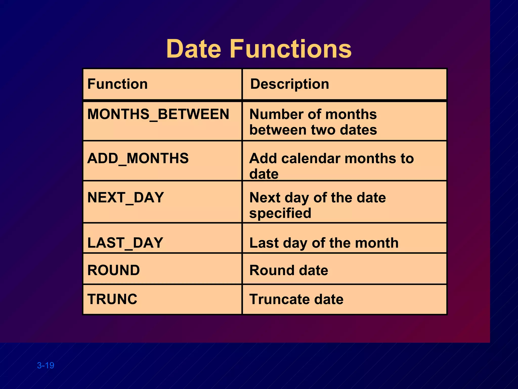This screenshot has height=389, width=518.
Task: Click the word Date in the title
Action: tap(193, 49)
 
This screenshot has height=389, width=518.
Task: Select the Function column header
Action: tap(117, 84)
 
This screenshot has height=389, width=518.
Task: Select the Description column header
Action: tap(290, 84)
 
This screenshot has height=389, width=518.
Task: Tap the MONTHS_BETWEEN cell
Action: tap(158, 114)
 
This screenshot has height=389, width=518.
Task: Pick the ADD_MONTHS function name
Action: tap(138, 158)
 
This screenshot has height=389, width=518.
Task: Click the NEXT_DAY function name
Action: tap(125, 198)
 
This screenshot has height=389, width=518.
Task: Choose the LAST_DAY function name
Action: tap(125, 243)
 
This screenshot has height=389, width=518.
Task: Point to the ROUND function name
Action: tap(113, 270)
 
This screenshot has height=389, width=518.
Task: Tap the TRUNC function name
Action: tap(112, 299)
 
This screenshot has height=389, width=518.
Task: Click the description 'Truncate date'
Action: tap(296, 299)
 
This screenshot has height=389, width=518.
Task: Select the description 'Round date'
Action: tap(289, 270)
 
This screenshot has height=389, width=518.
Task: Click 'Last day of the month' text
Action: tap(324, 243)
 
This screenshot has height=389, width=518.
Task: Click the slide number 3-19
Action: tap(46, 365)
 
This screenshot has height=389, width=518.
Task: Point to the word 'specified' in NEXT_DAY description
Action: tap(280, 213)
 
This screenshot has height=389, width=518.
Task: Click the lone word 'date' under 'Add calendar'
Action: tap(264, 174)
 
